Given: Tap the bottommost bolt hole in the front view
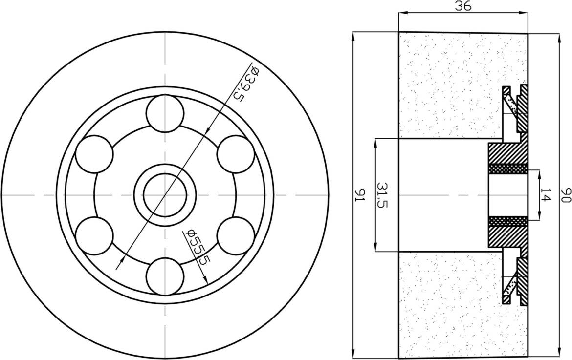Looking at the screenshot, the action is pos(165,276).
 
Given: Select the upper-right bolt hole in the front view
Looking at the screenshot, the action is pos(236,154).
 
